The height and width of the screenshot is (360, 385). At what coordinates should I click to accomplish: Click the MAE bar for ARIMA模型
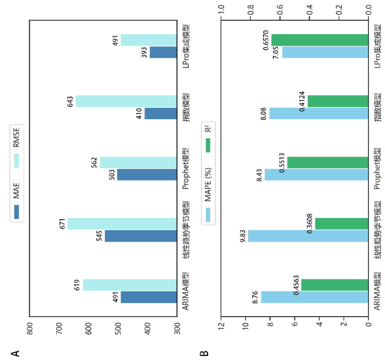[149, 297]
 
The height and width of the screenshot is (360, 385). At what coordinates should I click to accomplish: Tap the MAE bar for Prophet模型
[147, 175]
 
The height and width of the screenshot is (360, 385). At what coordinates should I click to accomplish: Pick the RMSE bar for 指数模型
[126, 101]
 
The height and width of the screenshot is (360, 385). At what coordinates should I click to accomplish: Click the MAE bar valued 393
[163, 53]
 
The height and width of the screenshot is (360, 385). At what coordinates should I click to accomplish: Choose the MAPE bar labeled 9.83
[308, 236]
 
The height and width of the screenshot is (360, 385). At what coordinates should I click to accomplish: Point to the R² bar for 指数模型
[338, 101]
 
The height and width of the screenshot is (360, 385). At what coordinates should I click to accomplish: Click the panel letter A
[16, 353]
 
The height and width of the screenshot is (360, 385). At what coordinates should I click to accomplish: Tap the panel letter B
[204, 353]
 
